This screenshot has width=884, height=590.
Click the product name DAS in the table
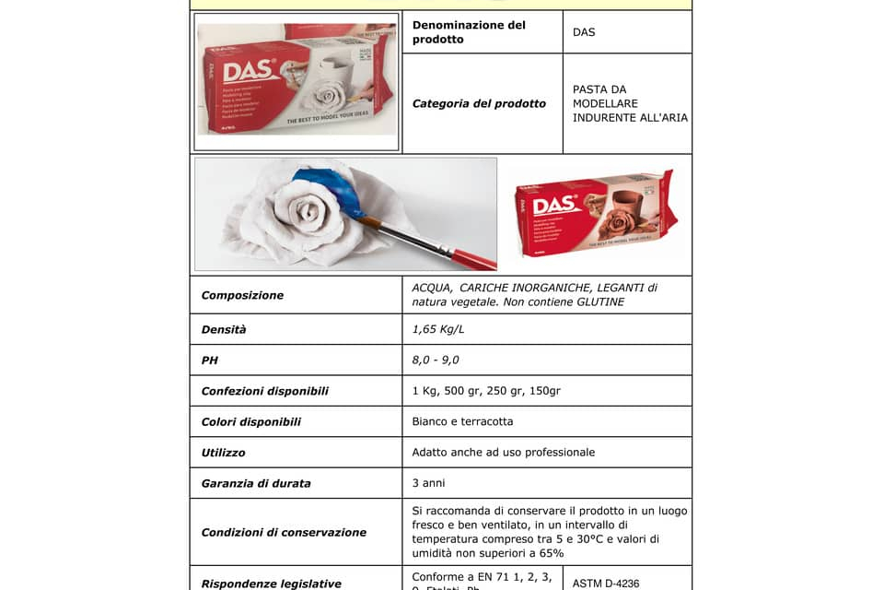pos(584,32)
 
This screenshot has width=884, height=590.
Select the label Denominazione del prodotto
pos(469,32)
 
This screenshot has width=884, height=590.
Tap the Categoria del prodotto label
pos(479,103)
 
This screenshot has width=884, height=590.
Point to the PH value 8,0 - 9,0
pos(436,360)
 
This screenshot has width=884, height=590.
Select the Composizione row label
pos(242,295)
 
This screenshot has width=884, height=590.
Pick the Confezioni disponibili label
pos(264,391)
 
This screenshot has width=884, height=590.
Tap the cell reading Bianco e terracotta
pos(462,421)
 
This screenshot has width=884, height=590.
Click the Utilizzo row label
pos(223,453)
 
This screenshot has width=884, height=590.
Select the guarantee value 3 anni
pos(430,483)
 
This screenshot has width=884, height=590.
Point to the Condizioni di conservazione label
pos(284,532)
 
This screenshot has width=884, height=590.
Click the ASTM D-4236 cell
pos(605,584)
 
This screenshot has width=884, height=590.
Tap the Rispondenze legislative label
pos(271,584)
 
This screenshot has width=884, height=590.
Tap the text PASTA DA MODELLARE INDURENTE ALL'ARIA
pos(630,103)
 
